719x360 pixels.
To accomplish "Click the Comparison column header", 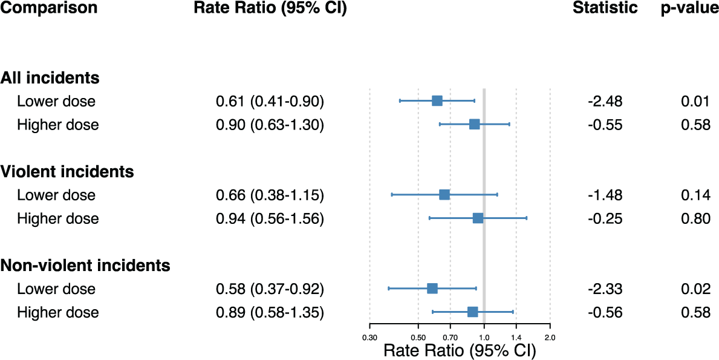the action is click(48, 8).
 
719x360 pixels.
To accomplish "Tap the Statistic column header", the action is click(605, 8).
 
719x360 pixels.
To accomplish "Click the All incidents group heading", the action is click(50, 78).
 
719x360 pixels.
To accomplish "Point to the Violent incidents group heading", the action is click(67, 172).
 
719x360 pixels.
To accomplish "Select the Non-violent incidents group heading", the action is click(85, 266).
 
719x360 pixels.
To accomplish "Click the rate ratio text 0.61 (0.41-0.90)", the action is click(270, 102).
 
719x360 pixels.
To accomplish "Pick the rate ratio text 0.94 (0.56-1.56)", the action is click(270, 219).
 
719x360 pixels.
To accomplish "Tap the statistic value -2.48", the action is click(605, 102).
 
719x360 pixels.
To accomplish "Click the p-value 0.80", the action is click(695, 219).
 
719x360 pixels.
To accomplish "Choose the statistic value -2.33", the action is click(605, 289).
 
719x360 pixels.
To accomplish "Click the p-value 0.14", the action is click(695, 195).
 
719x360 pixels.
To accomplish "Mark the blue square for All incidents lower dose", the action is click(437, 101).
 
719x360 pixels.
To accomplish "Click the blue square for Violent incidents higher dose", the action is click(478, 218).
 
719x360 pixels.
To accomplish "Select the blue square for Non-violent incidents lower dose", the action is click(432, 289).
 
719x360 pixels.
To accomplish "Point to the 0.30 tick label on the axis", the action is click(369, 338).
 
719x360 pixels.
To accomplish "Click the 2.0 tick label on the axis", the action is click(550, 338).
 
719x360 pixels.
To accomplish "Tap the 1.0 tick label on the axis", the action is click(484, 338).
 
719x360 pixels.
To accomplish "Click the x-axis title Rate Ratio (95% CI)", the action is click(460, 351).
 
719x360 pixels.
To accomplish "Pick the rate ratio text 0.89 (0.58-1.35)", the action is click(270, 312).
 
